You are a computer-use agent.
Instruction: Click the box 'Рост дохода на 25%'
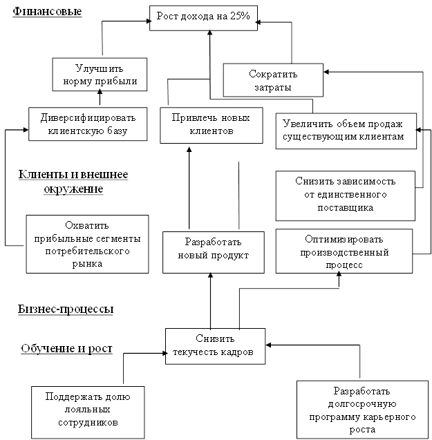point(203,17)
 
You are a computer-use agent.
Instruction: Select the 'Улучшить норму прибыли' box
point(100,75)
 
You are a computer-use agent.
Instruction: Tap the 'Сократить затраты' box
point(272,80)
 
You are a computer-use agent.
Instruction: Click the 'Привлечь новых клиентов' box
point(211,124)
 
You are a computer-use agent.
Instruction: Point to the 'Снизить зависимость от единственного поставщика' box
point(345,194)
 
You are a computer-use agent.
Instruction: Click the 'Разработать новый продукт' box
point(213,249)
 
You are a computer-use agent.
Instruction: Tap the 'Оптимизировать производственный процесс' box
point(343,250)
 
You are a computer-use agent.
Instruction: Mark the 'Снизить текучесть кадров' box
point(215,345)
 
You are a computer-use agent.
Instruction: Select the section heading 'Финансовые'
point(47,12)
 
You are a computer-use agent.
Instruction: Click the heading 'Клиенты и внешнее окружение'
point(73,181)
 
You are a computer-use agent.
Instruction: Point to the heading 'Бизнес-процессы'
point(66,309)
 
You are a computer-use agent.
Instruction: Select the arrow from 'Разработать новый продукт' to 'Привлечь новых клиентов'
point(189,186)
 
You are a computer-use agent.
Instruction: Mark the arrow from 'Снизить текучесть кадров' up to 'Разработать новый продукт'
point(211,300)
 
